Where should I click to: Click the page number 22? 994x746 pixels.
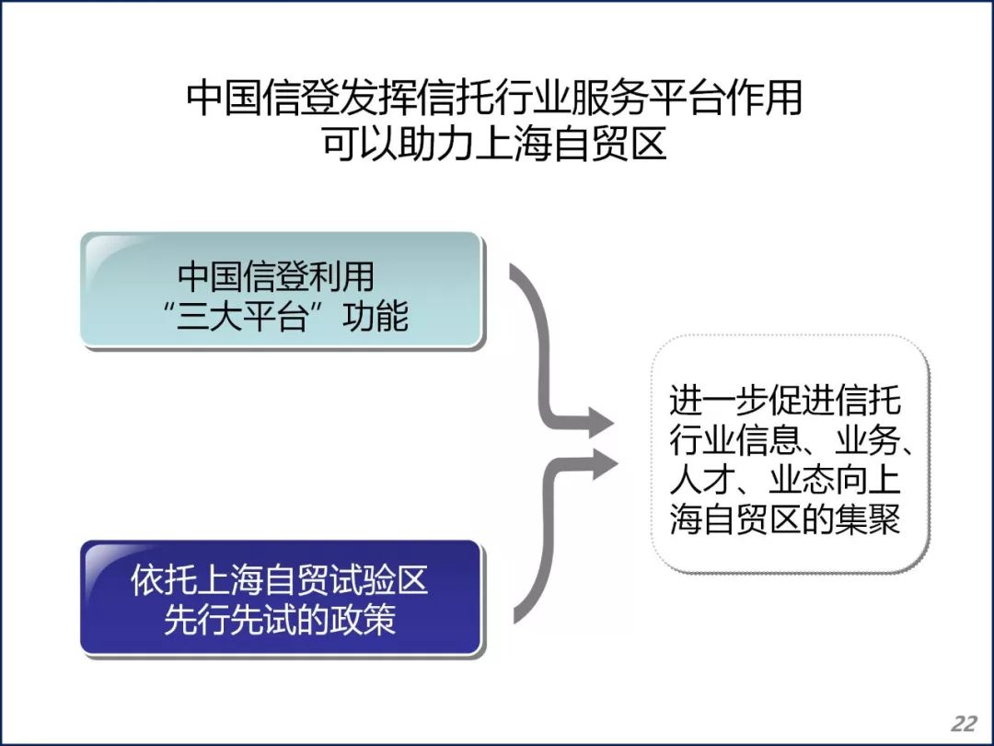[x=965, y=723]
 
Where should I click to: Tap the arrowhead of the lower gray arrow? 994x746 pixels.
[x=606, y=464]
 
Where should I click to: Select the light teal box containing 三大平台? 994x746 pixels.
[x=283, y=290]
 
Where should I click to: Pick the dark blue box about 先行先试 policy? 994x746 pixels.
[x=283, y=599]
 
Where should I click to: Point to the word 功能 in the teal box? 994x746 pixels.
[x=375, y=316]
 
